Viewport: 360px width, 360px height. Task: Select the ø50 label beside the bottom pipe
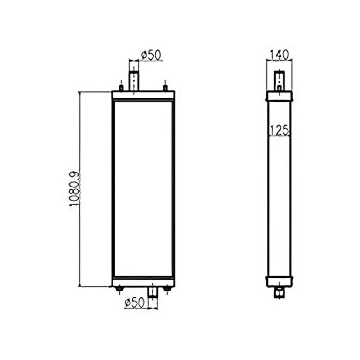[x=134, y=303]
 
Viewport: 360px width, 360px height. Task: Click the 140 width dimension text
[x=279, y=53]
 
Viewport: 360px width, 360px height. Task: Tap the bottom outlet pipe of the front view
[x=152, y=292]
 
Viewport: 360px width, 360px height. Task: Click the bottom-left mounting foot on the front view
[x=120, y=291]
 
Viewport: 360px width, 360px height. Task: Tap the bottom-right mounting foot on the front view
[x=167, y=291]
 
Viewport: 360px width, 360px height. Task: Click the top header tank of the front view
[x=143, y=95]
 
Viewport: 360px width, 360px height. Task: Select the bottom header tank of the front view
[x=143, y=283]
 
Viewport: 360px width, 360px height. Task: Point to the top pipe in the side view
[x=279, y=80]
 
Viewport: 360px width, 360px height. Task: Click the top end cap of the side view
[x=279, y=97]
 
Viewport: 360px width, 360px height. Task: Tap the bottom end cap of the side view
[x=279, y=281]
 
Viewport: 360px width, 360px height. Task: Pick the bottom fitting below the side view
[x=279, y=293]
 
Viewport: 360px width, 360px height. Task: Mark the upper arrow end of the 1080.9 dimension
[x=80, y=93]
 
